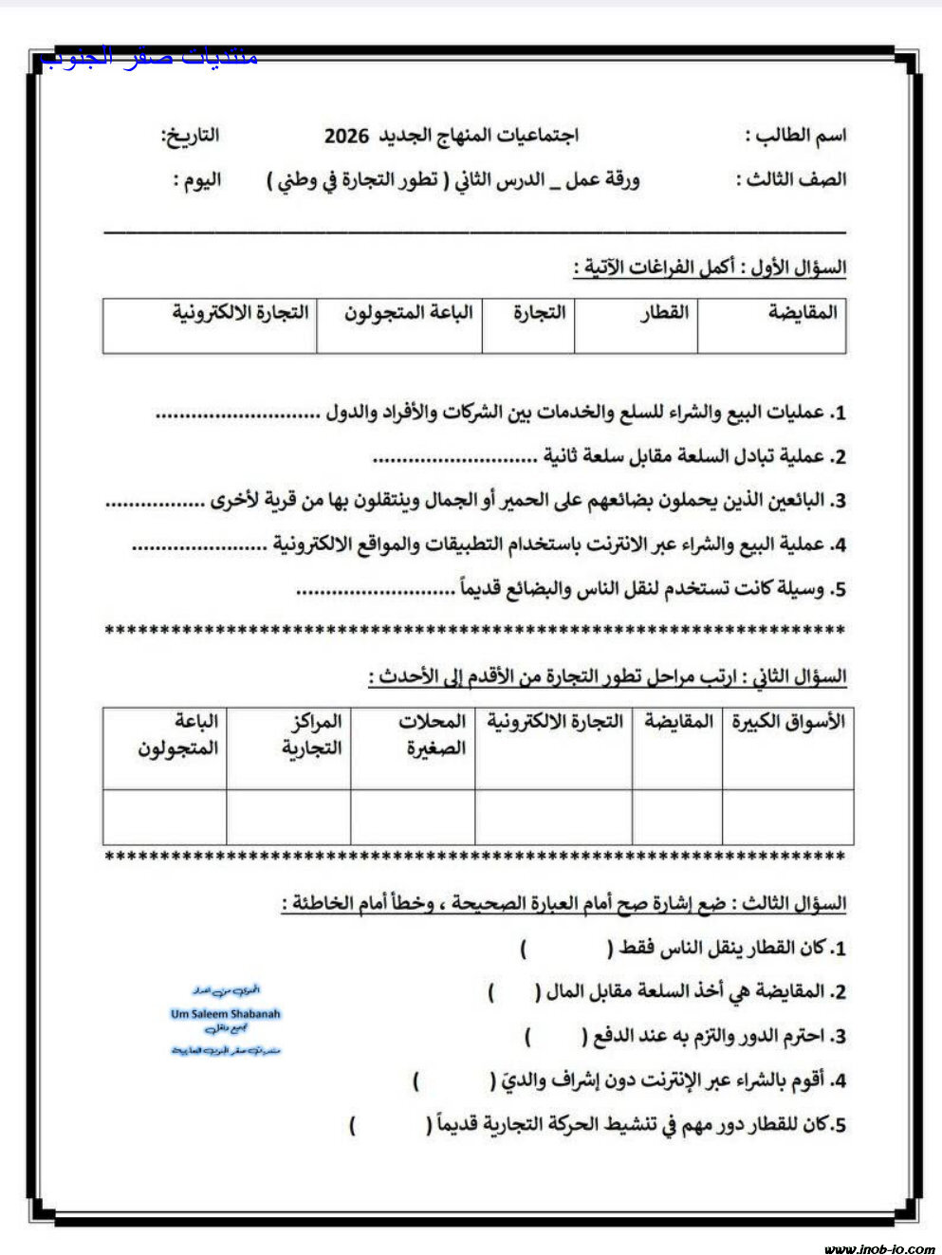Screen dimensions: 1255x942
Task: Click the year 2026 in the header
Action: [346, 136]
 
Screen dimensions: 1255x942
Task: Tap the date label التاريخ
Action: [190, 136]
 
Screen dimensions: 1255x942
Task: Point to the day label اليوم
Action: [197, 180]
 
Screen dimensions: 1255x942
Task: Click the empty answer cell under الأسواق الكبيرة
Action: [787, 817]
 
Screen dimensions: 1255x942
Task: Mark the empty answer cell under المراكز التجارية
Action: [288, 817]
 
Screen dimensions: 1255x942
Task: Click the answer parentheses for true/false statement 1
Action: [565, 948]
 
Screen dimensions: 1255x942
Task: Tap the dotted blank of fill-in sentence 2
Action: [454, 458]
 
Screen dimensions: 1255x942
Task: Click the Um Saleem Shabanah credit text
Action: [226, 1014]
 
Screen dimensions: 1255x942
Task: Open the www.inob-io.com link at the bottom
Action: [878, 1248]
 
